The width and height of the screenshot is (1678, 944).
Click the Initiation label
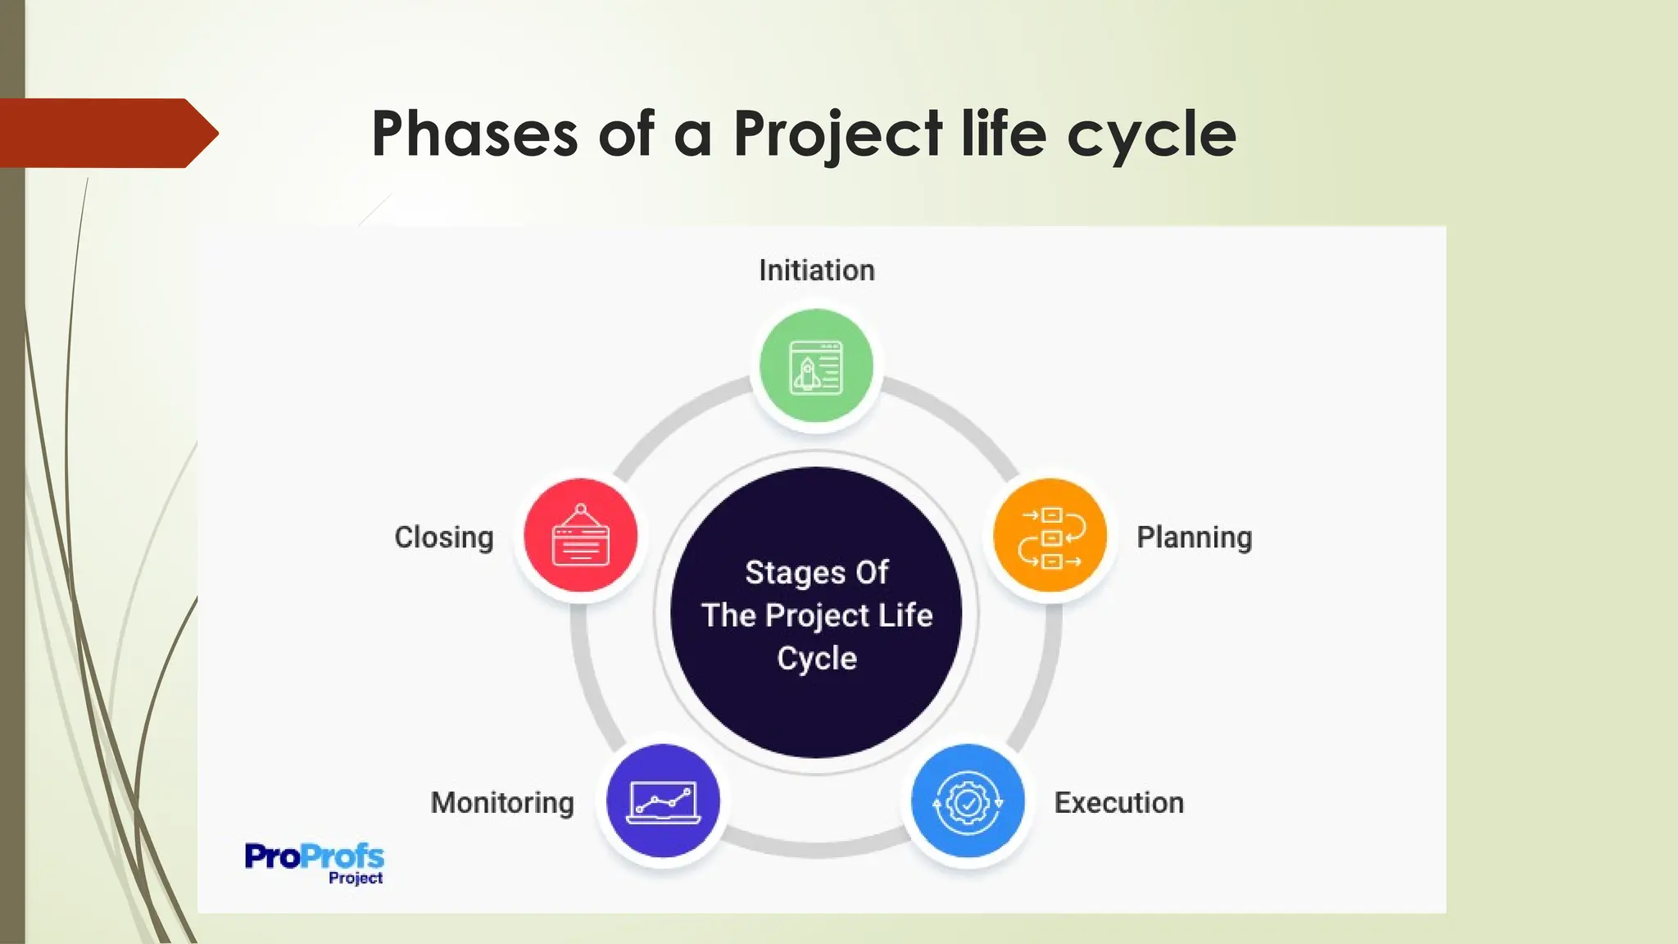pos(816,270)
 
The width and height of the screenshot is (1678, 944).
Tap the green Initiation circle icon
pos(816,366)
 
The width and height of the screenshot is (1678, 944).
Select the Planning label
pos(1194,538)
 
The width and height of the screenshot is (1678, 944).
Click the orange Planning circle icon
pos(1050,536)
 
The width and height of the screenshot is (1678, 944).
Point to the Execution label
pos(1118,802)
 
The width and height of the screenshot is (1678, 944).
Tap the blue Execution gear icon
pos(968,801)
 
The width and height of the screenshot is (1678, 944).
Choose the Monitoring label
pos(502,802)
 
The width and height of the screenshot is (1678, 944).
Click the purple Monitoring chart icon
pos(663,801)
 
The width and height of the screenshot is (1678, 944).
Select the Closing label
pos(444,538)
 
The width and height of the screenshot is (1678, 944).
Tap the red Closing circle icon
pos(580,535)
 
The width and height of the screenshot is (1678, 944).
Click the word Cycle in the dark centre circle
pos(817,658)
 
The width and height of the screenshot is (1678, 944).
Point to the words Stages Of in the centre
pos(816,572)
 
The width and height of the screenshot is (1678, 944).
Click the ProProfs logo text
pos(314,856)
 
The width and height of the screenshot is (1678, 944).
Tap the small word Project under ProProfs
pos(356,878)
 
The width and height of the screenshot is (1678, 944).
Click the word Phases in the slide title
pos(474,134)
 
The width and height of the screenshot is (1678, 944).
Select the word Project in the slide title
pos(837,135)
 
